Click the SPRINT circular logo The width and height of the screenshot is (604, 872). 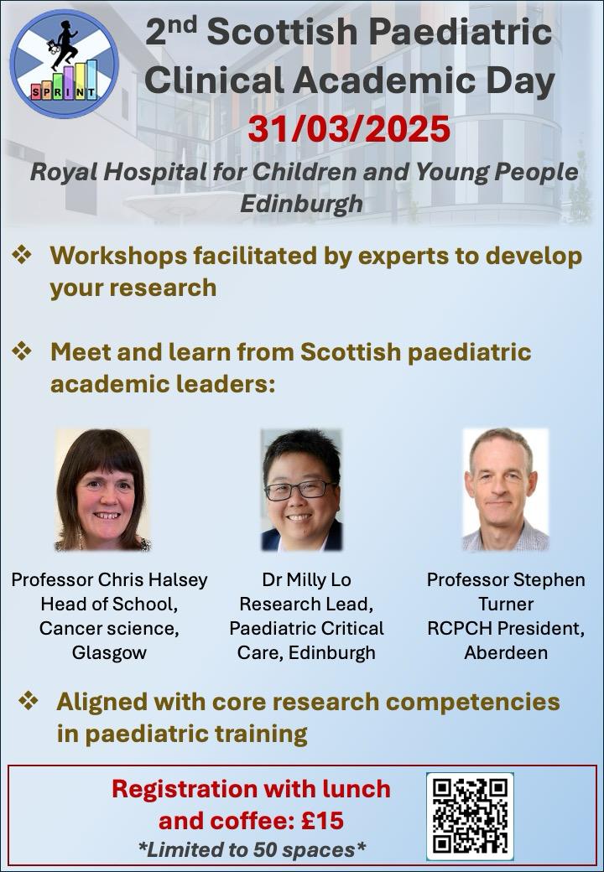pyautogui.click(x=65, y=64)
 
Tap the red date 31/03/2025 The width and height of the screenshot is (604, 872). pyautogui.click(x=349, y=130)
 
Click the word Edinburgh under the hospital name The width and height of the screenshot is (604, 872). pyautogui.click(x=302, y=204)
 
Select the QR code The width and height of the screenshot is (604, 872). pyautogui.click(x=470, y=816)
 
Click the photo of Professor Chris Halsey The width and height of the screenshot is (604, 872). pyautogui.click(x=103, y=490)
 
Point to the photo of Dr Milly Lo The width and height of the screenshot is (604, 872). pyautogui.click(x=301, y=490)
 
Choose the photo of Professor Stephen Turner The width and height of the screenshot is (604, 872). pyautogui.click(x=506, y=490)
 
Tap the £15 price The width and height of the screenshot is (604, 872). pyautogui.click(x=322, y=820)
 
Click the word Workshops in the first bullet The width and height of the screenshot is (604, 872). pyautogui.click(x=118, y=257)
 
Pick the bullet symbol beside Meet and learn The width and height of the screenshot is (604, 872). pyautogui.click(x=23, y=351)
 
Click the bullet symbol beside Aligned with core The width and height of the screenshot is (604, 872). pyautogui.click(x=29, y=700)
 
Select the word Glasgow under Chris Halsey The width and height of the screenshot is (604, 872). pyautogui.click(x=109, y=652)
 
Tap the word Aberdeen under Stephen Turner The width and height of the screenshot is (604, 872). pyautogui.click(x=506, y=652)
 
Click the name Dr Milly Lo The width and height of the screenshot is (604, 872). pyautogui.click(x=306, y=579)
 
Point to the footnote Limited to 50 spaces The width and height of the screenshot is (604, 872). pyautogui.click(x=252, y=849)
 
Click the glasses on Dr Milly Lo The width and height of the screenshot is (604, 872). pyautogui.click(x=299, y=490)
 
